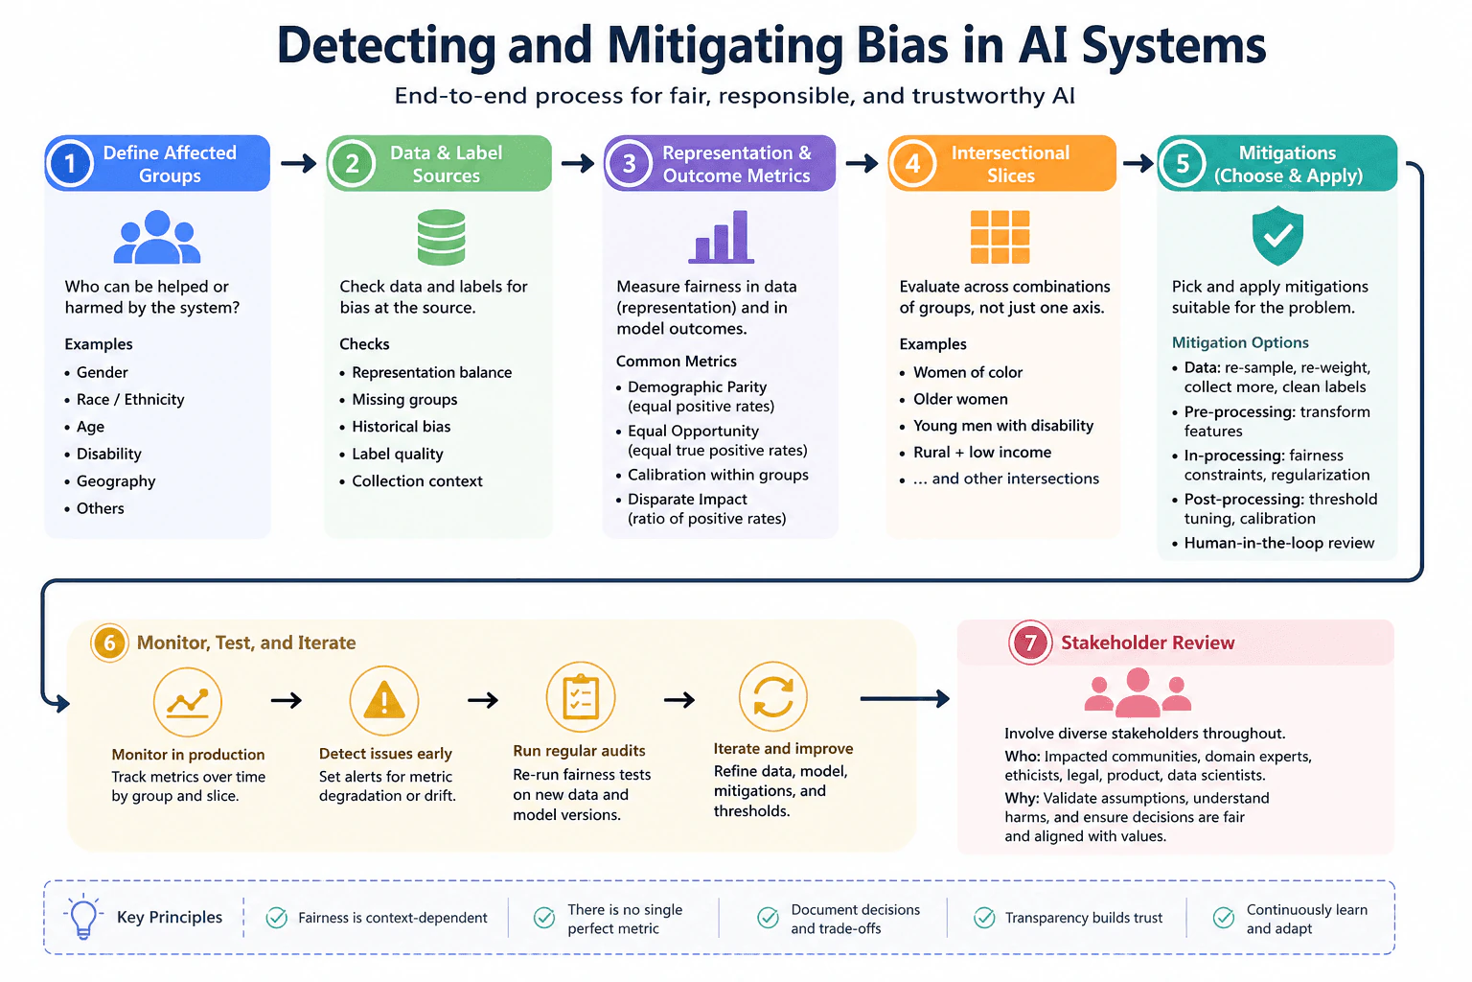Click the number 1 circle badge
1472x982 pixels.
(x=70, y=163)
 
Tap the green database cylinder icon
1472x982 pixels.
(x=441, y=237)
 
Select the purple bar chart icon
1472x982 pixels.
(x=721, y=237)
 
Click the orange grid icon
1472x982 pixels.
(x=1000, y=237)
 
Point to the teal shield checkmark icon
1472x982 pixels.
(x=1277, y=235)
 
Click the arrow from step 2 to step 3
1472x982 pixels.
(x=578, y=163)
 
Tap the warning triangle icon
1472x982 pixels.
(x=384, y=700)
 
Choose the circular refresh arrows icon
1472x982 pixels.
(x=772, y=696)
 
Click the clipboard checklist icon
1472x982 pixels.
(x=580, y=696)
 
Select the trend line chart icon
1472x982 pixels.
(x=187, y=701)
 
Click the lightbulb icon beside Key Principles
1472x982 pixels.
(x=83, y=916)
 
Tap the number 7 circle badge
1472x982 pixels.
(x=1030, y=642)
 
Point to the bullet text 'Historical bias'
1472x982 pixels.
(x=401, y=426)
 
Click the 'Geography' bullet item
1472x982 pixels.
(x=116, y=480)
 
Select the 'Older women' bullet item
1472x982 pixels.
(x=960, y=399)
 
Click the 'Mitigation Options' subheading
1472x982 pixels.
(x=1240, y=342)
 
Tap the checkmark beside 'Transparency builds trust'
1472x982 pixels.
(x=984, y=918)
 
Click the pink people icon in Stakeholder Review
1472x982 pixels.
(x=1138, y=692)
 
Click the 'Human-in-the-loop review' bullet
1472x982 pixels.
(x=1278, y=543)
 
